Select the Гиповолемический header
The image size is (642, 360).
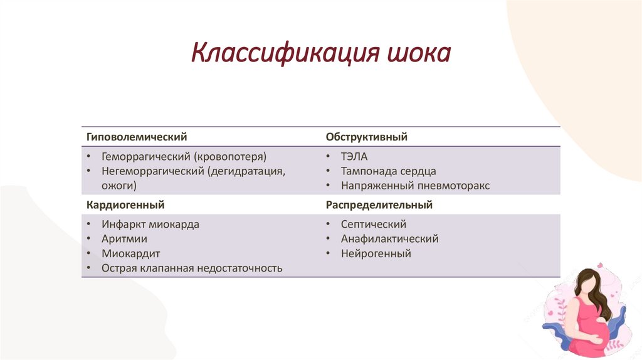pyautogui.click(x=137, y=136)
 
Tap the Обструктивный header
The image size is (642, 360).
pyautogui.click(x=367, y=136)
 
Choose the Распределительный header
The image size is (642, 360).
pyautogui.click(x=379, y=204)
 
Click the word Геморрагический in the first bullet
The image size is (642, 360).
pyautogui.click(x=145, y=156)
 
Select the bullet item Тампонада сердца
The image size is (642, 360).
pyautogui.click(x=388, y=171)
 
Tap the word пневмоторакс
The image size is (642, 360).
pyautogui.click(x=458, y=186)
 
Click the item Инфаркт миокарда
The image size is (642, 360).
pyautogui.click(x=150, y=224)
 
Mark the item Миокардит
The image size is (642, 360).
pyautogui.click(x=131, y=254)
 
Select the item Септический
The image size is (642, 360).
pyautogui.click(x=374, y=224)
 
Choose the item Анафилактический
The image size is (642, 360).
pyautogui.click(x=389, y=239)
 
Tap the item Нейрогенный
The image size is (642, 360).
pyautogui.click(x=376, y=254)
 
